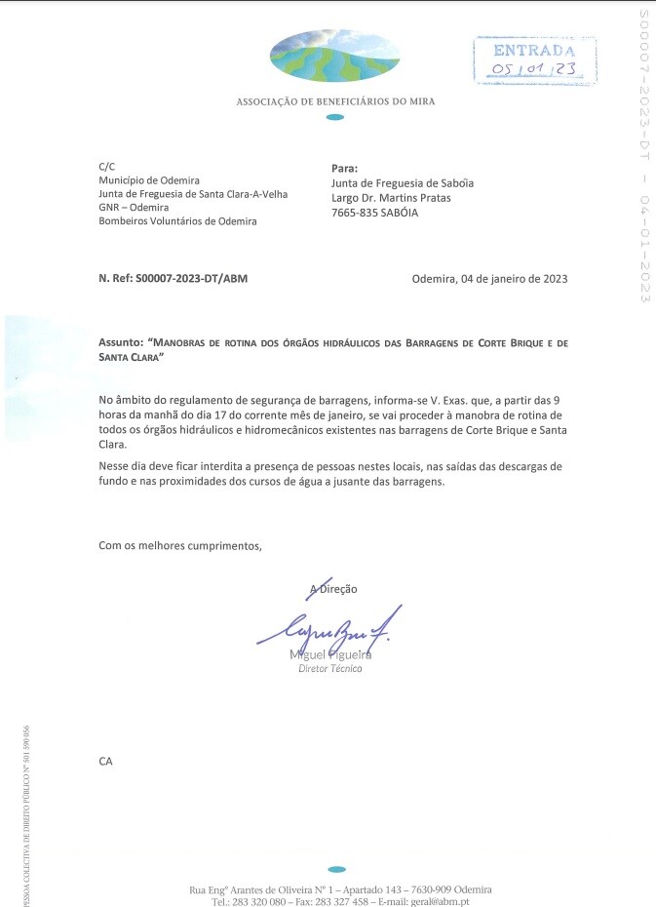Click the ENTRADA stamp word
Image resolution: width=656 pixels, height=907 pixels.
coord(534,50)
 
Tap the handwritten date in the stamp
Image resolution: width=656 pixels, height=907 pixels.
coord(532,69)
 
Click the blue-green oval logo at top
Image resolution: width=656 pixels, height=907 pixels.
coord(334,56)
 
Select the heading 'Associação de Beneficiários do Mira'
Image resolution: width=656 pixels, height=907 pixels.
coord(335,101)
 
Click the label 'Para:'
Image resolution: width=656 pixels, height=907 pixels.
coord(345,168)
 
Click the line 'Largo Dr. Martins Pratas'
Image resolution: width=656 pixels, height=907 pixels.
coord(391,198)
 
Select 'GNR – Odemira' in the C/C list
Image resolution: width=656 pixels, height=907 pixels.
coord(134,208)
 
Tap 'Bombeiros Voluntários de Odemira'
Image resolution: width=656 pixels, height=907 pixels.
coord(177,221)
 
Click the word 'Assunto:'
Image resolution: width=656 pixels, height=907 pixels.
coord(121,343)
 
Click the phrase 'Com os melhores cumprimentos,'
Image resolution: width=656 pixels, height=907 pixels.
coord(181,545)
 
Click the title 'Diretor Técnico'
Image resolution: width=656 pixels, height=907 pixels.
coord(330,669)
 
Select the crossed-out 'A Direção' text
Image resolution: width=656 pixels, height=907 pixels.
coord(333,589)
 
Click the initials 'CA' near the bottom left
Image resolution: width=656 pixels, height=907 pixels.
coord(105,760)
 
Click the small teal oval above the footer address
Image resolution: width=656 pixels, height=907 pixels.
coord(336,868)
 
